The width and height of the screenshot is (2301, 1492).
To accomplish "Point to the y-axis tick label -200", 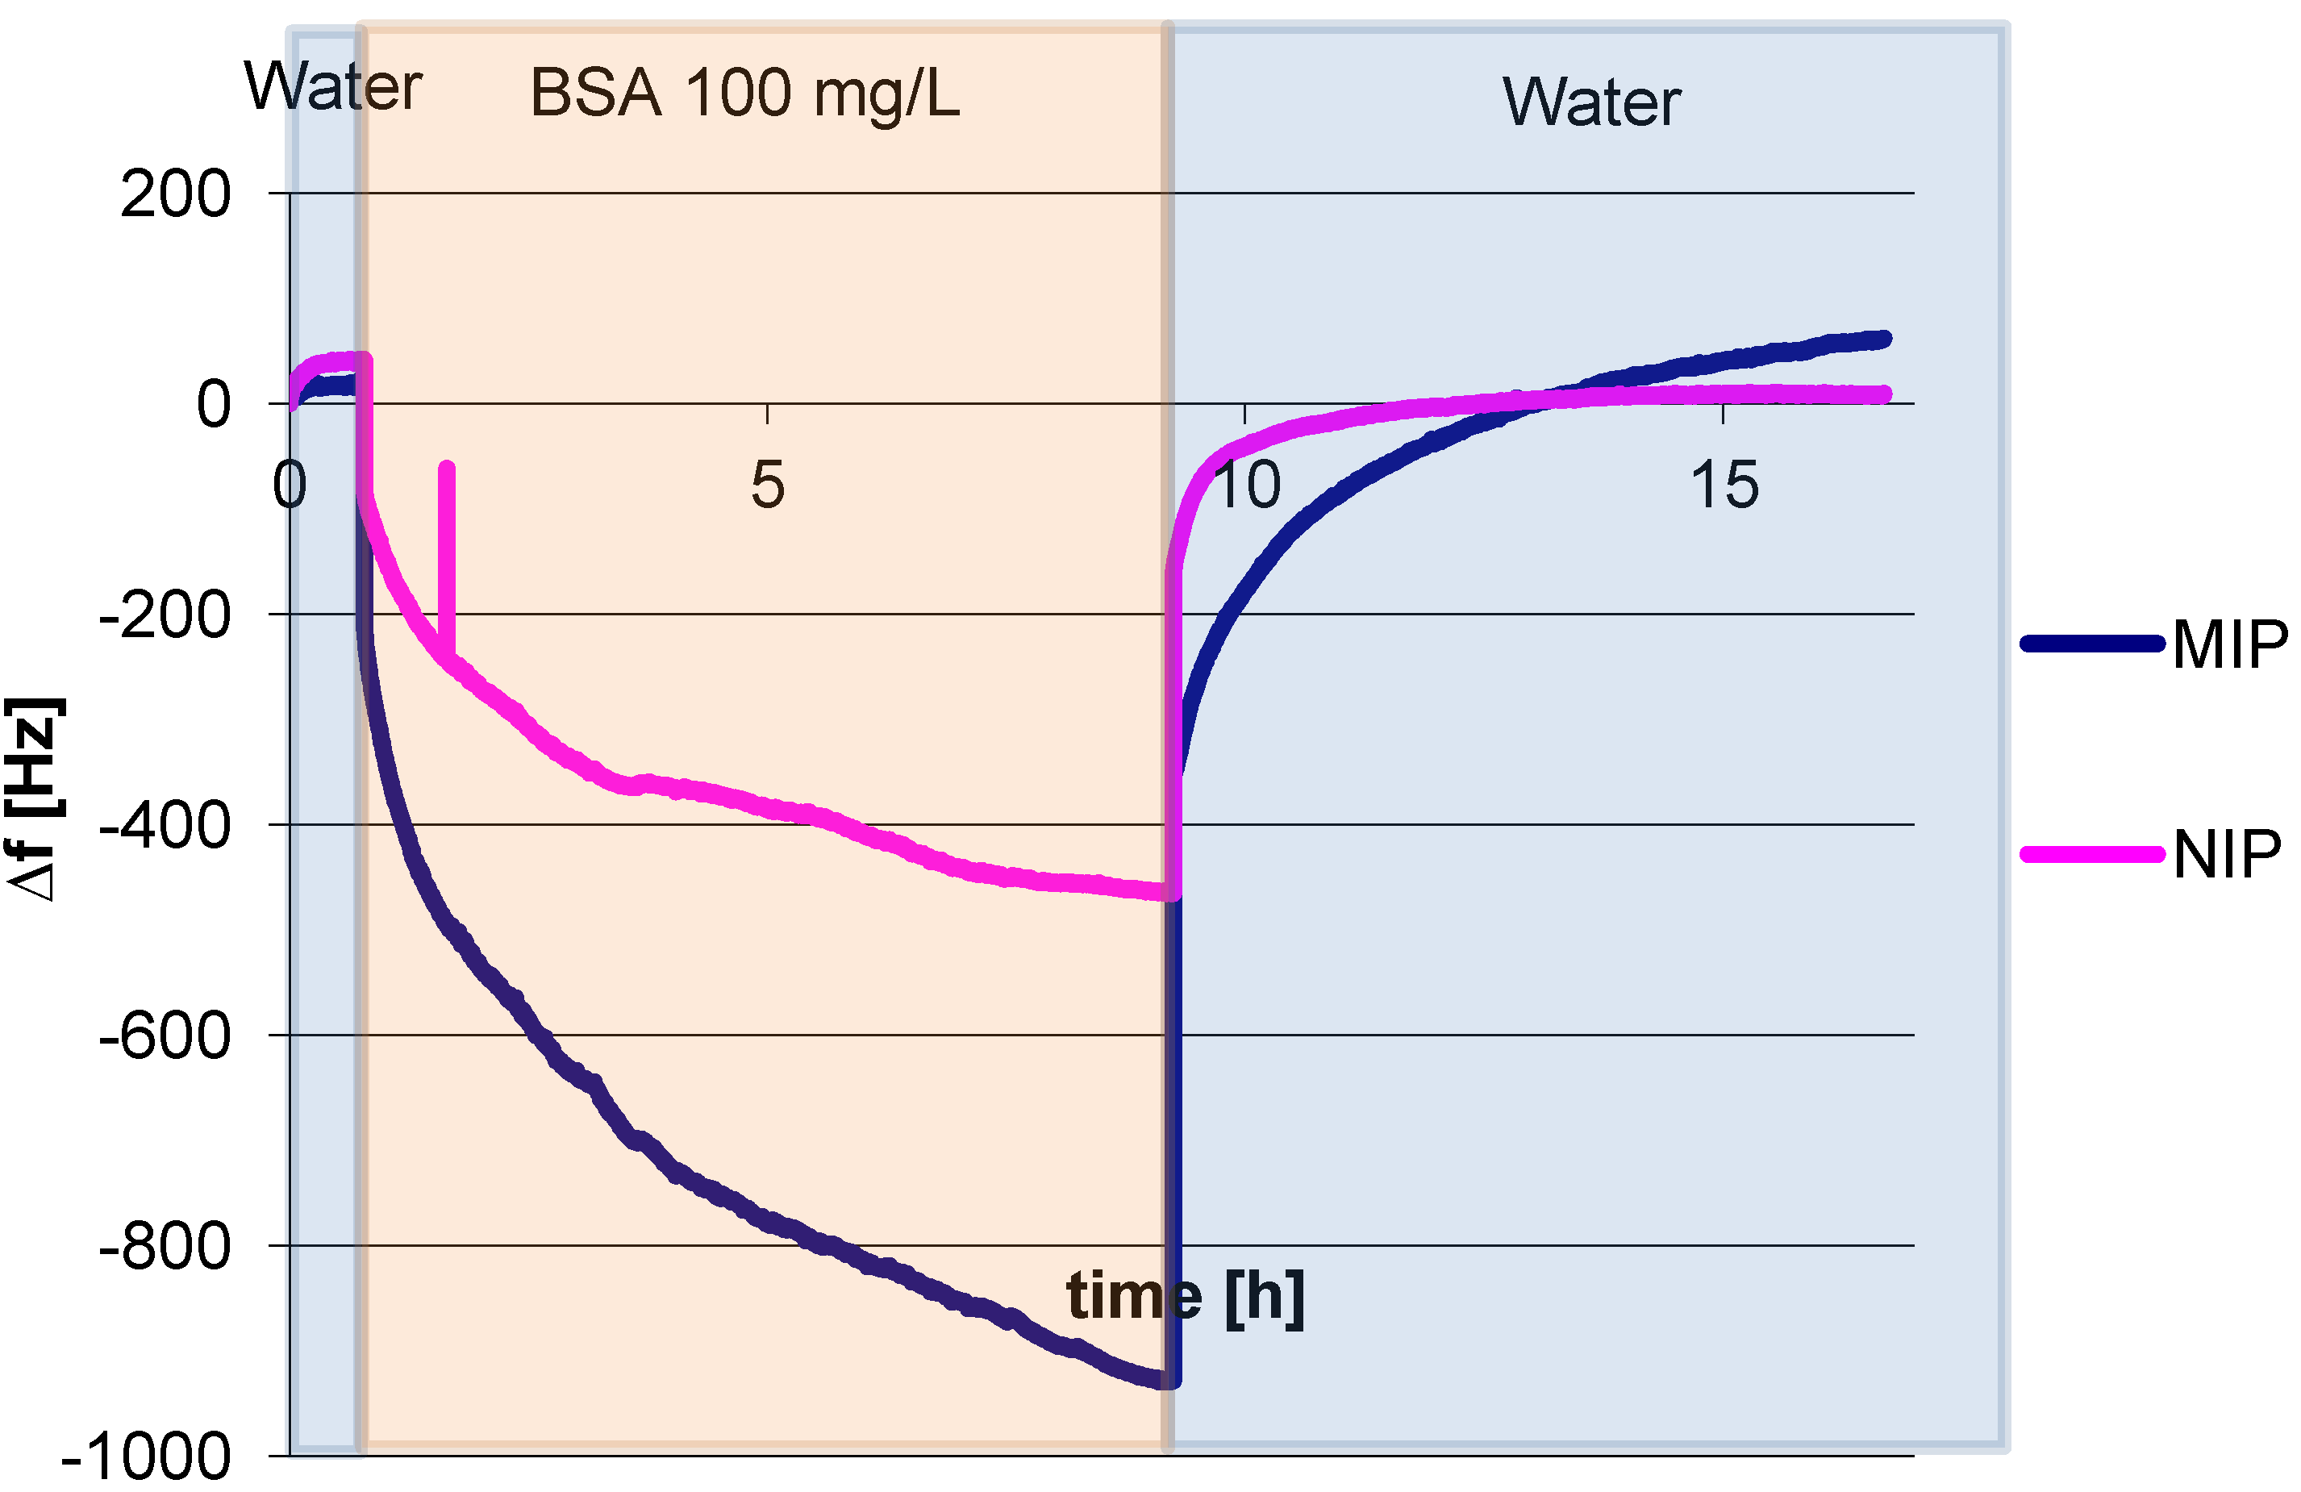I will coord(165,615).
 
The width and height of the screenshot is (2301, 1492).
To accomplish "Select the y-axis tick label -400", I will coord(165,826).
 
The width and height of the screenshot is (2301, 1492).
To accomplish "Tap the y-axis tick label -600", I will coord(165,1036).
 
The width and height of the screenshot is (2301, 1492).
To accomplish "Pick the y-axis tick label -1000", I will coord(146,1457).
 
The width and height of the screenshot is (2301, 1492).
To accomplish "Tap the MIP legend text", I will coord(2228,644).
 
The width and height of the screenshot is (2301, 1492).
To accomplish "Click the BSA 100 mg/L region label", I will coord(744,94).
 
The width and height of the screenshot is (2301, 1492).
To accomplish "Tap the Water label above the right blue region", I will coord(1591,102).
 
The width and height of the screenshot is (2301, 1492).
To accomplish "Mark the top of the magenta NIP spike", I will coord(447,468).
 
